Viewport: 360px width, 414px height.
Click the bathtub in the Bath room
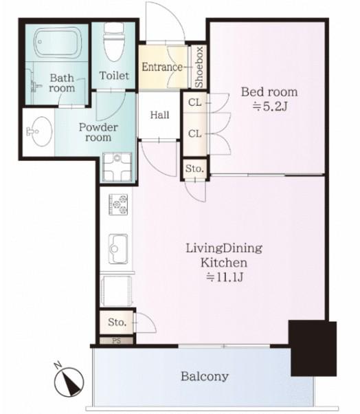pos(58,43)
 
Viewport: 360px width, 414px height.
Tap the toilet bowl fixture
pos(113,42)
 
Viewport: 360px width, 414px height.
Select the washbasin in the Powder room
pos(40,131)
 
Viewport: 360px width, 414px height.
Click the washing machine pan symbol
pos(117,167)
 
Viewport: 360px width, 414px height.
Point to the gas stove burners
pos(118,204)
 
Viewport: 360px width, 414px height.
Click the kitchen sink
pos(118,249)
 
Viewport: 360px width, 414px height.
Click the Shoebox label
pos(199,67)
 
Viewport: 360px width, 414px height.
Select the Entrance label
pos(162,67)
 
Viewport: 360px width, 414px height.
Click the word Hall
pos(159,115)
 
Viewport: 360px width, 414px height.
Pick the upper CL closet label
pos(195,102)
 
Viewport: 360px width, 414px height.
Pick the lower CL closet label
pos(195,134)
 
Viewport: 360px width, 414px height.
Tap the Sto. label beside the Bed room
pos(194,168)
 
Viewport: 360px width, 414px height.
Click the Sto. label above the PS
pos(117,322)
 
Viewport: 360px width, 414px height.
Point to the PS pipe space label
pos(117,340)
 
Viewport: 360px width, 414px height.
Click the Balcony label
pos(205,376)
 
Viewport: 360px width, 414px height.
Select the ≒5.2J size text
pos(269,107)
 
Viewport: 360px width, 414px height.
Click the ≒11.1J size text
pos(225,277)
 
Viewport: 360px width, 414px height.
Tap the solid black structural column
pos(313,348)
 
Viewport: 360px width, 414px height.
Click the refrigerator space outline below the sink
pos(116,291)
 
